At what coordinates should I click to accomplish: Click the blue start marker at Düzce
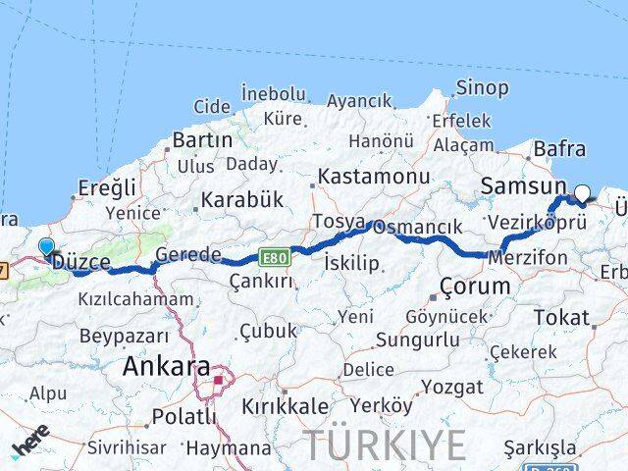click(x=46, y=247)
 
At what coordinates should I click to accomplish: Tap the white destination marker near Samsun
click(x=582, y=194)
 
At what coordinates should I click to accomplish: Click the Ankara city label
click(x=166, y=368)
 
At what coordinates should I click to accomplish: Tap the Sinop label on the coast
click(x=482, y=88)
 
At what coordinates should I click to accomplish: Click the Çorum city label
click(x=475, y=287)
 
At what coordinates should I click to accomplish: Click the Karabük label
click(x=241, y=199)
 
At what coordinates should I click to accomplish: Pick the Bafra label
click(x=559, y=149)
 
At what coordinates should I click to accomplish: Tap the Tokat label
click(x=562, y=317)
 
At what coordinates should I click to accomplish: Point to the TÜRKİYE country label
click(x=384, y=445)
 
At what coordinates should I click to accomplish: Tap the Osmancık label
click(x=417, y=227)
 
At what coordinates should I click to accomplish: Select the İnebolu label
click(x=273, y=93)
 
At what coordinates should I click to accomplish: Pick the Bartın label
click(x=202, y=139)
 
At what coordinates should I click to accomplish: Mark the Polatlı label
click(x=183, y=416)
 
